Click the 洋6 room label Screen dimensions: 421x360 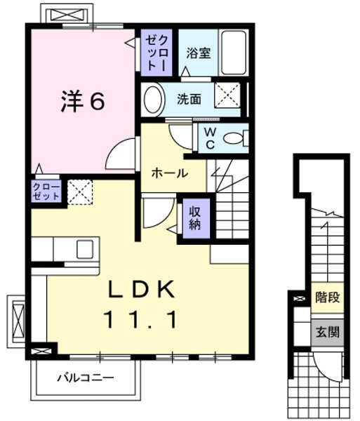tap(81, 102)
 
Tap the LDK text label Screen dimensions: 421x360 tap(140, 289)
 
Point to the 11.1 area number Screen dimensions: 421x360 tap(140, 319)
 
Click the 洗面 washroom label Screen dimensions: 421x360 tap(189, 100)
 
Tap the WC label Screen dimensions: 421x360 tap(209, 138)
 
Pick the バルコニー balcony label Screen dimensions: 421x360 tap(85, 377)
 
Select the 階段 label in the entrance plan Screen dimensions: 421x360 tap(327, 297)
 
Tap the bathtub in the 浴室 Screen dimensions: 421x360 tap(232, 52)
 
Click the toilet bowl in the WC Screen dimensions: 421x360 tap(235, 139)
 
